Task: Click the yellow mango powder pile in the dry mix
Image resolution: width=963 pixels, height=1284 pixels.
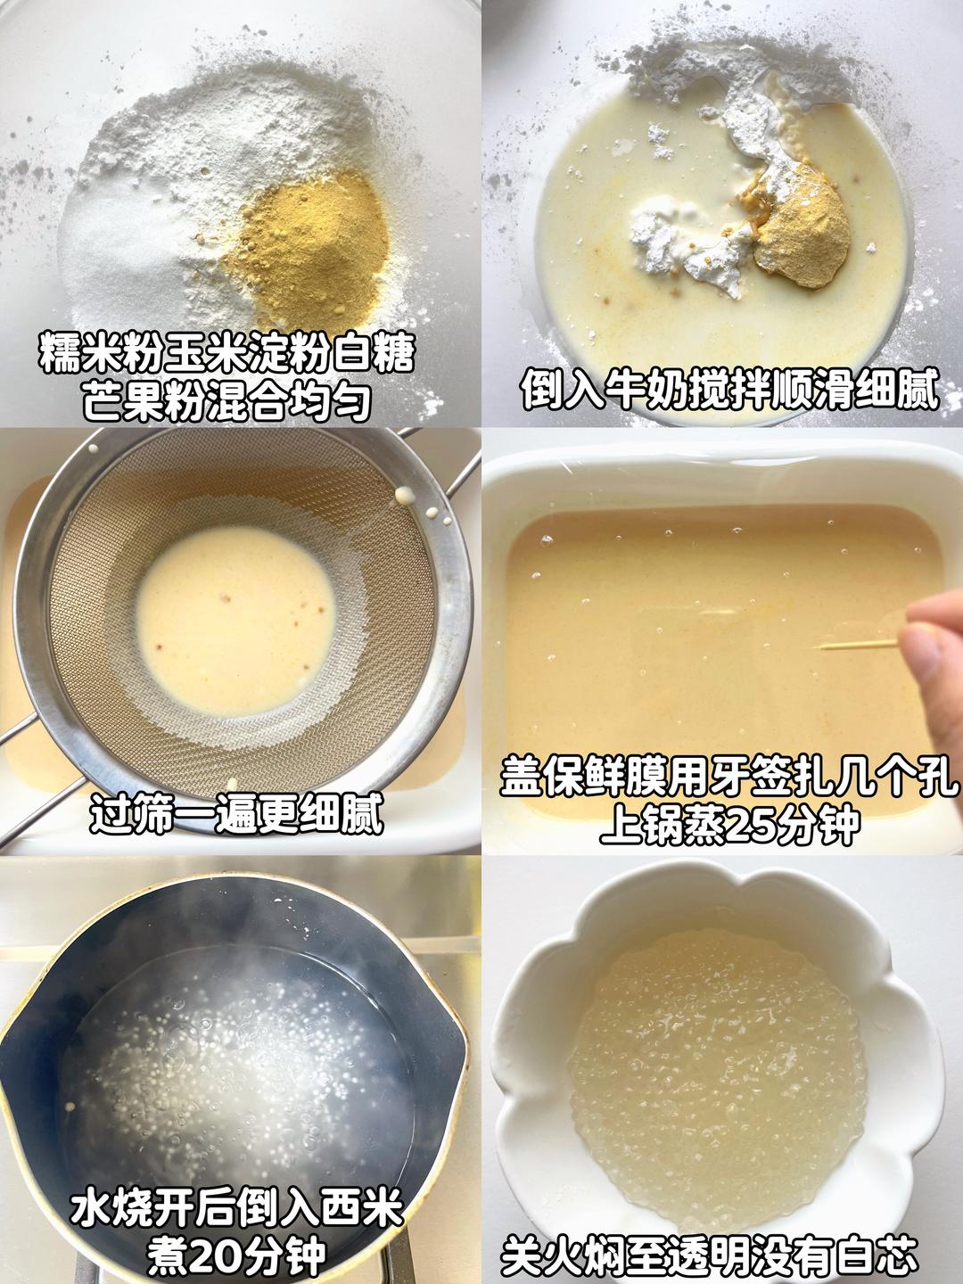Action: (310, 246)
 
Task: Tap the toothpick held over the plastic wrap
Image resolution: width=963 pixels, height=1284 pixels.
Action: (859, 646)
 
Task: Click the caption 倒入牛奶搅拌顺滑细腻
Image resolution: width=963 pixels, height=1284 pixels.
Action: (730, 387)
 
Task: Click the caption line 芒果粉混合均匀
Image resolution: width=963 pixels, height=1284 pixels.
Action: (227, 400)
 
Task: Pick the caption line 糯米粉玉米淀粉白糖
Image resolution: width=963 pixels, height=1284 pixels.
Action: (226, 353)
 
